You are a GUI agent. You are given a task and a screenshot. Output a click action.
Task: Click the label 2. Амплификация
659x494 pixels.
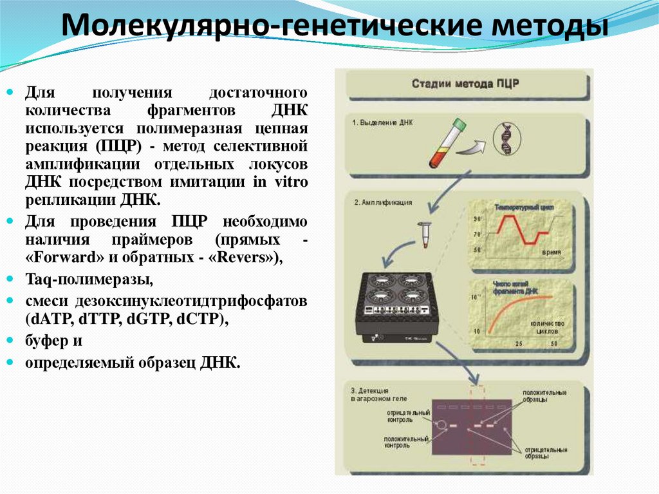click(383, 202)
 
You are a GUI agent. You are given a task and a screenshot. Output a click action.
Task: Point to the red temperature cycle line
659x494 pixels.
click(523, 229)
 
